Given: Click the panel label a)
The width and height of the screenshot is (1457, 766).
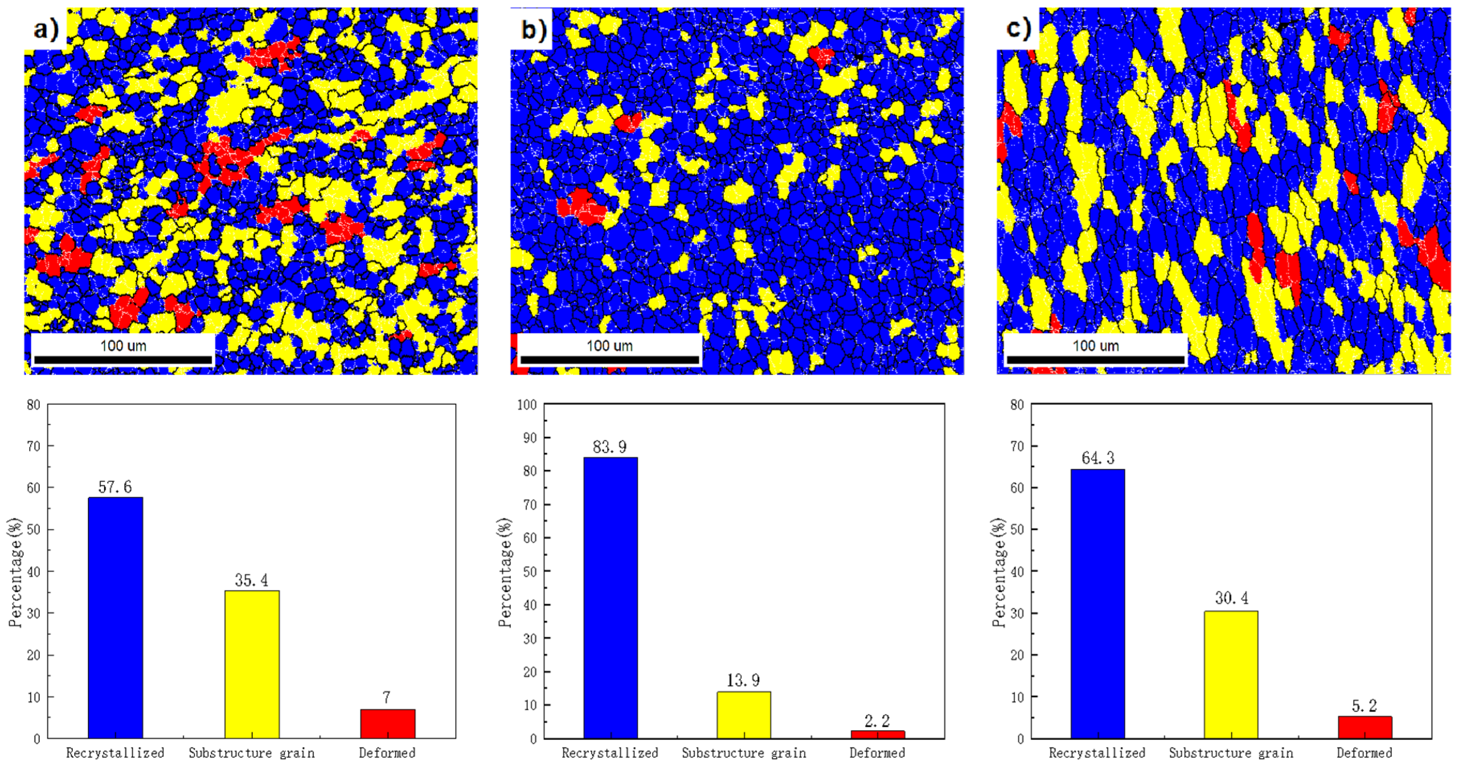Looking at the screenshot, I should pos(45,28).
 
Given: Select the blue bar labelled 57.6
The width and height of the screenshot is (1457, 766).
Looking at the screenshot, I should pos(115,617).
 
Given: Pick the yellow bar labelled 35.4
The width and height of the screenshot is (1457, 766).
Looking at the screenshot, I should pos(252,664).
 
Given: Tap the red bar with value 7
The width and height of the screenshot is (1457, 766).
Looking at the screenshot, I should pos(387,723).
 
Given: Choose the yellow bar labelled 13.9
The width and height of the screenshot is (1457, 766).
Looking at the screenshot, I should pos(744,715).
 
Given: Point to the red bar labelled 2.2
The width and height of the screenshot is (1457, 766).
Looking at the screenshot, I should pos(877,734).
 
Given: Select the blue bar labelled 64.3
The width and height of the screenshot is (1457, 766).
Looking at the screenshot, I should pos(1097,604).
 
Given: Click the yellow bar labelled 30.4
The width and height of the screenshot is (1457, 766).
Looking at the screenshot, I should pos(1231,674).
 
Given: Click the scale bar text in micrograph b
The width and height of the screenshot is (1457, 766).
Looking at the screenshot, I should pos(609,345).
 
